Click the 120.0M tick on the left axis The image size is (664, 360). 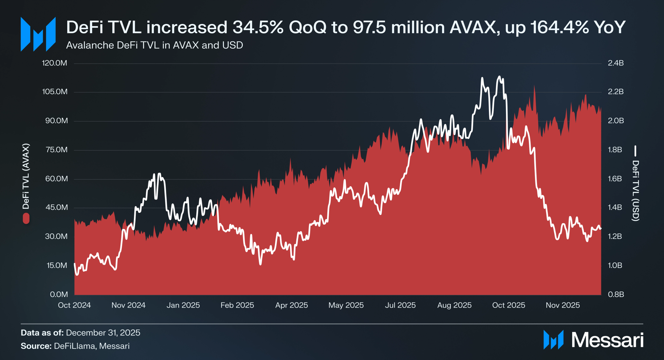point(55,63)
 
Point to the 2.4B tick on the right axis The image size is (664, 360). point(616,63)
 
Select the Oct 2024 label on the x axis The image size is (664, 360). point(74,305)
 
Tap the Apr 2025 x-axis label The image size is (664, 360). point(291,305)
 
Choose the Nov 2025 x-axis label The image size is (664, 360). point(563,305)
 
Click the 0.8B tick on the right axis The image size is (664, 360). point(616,294)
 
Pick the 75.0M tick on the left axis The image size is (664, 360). point(56,150)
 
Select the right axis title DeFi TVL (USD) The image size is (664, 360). point(635,190)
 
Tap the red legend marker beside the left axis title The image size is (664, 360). point(26,218)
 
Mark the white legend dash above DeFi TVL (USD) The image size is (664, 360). point(635,151)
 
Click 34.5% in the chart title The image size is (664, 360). point(258,27)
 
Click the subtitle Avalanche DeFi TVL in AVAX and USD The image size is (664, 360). point(154,45)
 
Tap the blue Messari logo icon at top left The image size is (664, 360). point(38,34)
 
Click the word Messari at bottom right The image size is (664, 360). point(607,340)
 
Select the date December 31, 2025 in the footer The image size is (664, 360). point(103,333)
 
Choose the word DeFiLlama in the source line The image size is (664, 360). point(74,346)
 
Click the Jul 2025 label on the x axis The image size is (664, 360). point(400,305)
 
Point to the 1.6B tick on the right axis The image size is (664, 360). point(615,179)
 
